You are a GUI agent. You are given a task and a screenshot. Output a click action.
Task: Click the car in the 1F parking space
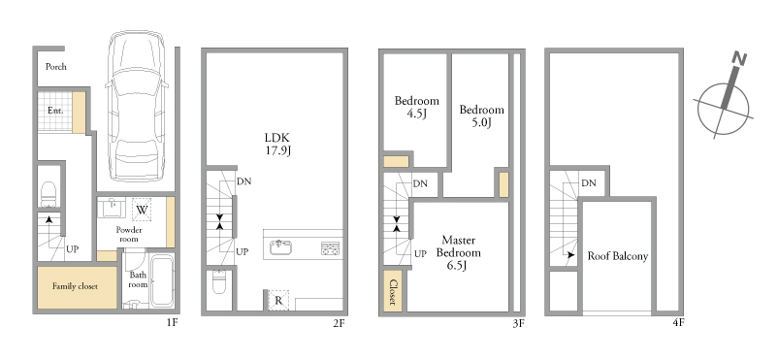point(136,107)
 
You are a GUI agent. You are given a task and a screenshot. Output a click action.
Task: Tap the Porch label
point(56,67)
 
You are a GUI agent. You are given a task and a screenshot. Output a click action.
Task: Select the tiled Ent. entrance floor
point(55,112)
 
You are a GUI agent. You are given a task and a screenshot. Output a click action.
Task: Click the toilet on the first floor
point(49,194)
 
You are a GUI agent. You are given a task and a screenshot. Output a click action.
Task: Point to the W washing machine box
point(142,210)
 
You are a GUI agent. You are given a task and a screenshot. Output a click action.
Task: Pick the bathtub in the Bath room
point(162,280)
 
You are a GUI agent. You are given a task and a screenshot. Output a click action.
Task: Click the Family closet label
point(75,286)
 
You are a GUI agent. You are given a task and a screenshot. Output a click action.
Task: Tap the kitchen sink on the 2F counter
point(280,246)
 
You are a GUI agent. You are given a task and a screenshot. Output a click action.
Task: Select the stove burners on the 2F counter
point(331,248)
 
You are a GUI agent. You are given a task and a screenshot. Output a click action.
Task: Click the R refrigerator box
point(278,301)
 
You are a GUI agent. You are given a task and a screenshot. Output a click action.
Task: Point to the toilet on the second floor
point(219,282)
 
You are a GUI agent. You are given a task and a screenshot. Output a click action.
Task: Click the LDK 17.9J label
point(276,144)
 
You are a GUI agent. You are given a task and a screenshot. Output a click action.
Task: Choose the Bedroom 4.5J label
point(417,107)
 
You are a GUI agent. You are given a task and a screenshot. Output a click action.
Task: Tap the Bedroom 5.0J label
point(481,115)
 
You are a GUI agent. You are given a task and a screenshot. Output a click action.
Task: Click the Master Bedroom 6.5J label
point(459,253)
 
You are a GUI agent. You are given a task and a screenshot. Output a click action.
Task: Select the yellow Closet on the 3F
point(393,290)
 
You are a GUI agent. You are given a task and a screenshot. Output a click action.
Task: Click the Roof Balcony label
point(618,256)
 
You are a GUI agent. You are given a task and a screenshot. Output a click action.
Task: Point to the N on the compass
point(739,59)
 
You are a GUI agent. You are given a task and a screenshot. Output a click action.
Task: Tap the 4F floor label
point(678,323)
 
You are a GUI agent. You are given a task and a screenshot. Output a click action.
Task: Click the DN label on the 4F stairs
point(589,183)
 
